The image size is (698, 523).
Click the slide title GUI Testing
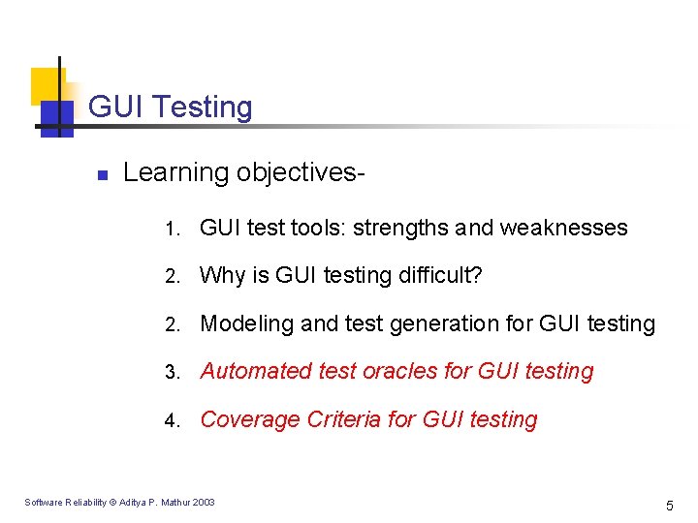(170, 107)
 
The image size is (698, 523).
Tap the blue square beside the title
(56, 116)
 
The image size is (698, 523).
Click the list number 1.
(170, 230)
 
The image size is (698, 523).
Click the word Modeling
(246, 323)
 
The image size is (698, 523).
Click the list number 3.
(170, 373)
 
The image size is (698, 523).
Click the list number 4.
(170, 421)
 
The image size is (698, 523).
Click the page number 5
(669, 505)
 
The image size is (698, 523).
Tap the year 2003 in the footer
(203, 502)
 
